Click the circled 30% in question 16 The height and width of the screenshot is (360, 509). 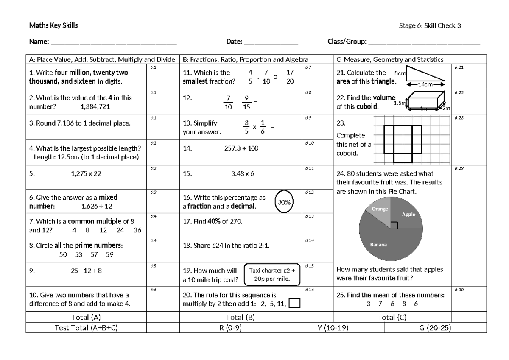(284, 202)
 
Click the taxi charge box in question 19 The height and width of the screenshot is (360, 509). (272, 275)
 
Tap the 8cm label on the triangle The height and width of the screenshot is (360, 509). (400, 73)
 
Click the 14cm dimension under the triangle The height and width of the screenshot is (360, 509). (425, 84)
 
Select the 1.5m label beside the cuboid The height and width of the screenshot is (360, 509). (400, 103)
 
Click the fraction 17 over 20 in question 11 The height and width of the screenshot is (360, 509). (290, 77)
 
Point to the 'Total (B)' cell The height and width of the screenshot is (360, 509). (241, 317)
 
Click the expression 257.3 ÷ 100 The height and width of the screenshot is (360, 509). (241, 148)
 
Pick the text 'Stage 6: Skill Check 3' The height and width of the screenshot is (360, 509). (430, 26)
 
